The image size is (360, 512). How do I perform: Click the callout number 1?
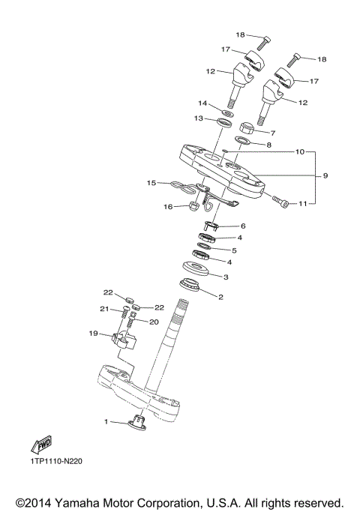click(106, 422)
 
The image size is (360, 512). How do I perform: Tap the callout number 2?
click(220, 297)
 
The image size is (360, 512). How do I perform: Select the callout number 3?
click(227, 277)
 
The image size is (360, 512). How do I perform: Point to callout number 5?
click(234, 250)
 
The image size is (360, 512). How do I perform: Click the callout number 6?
click(242, 226)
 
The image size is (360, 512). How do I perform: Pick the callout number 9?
click(325, 176)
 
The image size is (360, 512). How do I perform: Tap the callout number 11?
click(303, 203)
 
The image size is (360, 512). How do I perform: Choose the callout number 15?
click(151, 182)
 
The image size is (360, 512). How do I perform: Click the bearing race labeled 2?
click(193, 285)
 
